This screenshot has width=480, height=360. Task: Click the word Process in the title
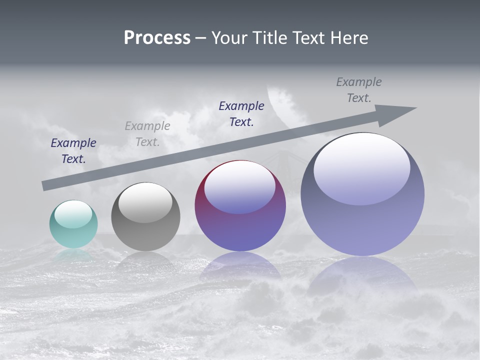[157, 38]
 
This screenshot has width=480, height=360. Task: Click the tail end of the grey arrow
[46, 185]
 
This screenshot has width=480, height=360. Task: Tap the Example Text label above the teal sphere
[73, 151]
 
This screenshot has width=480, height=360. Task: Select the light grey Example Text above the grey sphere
[147, 134]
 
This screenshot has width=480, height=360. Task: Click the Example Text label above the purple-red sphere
[241, 114]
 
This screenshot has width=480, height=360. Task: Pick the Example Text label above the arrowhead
[359, 90]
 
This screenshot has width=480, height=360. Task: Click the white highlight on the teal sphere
[73, 214]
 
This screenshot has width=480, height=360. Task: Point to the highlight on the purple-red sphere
[240, 187]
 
